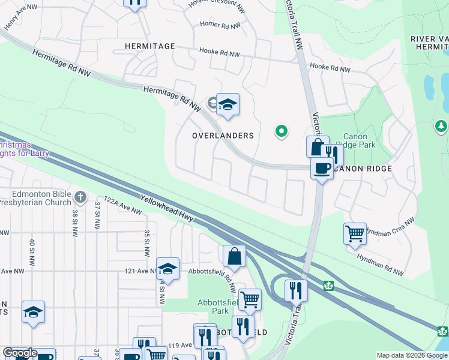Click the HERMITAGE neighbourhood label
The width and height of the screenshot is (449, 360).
pyautogui.click(x=150, y=46)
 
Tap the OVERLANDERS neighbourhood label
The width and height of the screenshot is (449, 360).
pyautogui.click(x=223, y=136)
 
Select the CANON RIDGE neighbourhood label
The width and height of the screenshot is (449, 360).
pyautogui.click(x=362, y=169)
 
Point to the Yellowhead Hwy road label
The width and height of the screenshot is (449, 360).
pyautogui.click(x=167, y=210)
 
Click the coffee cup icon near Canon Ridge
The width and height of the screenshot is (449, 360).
pyautogui.click(x=322, y=168)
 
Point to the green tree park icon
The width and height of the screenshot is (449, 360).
pyautogui.click(x=441, y=126)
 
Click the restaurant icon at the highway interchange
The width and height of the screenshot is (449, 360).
pyautogui.click(x=296, y=290)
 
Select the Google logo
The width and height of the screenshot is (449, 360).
pyautogui.click(x=20, y=353)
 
